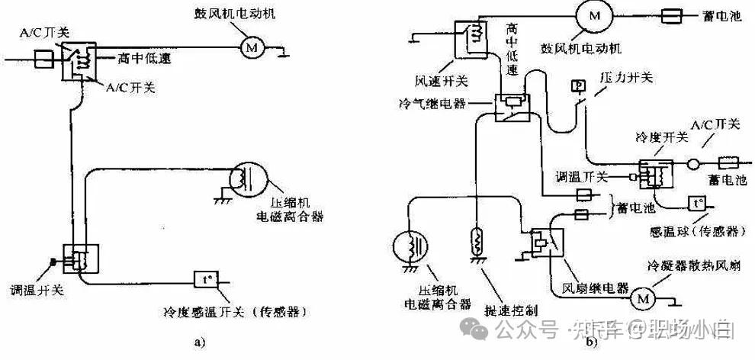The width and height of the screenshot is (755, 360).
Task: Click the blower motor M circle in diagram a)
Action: point(252,47)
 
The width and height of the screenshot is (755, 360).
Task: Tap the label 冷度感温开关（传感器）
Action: point(230,311)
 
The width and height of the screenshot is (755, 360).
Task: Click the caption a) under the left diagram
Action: point(200,342)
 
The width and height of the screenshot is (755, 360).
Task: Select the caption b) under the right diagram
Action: point(592,342)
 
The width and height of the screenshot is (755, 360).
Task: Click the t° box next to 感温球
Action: point(698,204)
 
